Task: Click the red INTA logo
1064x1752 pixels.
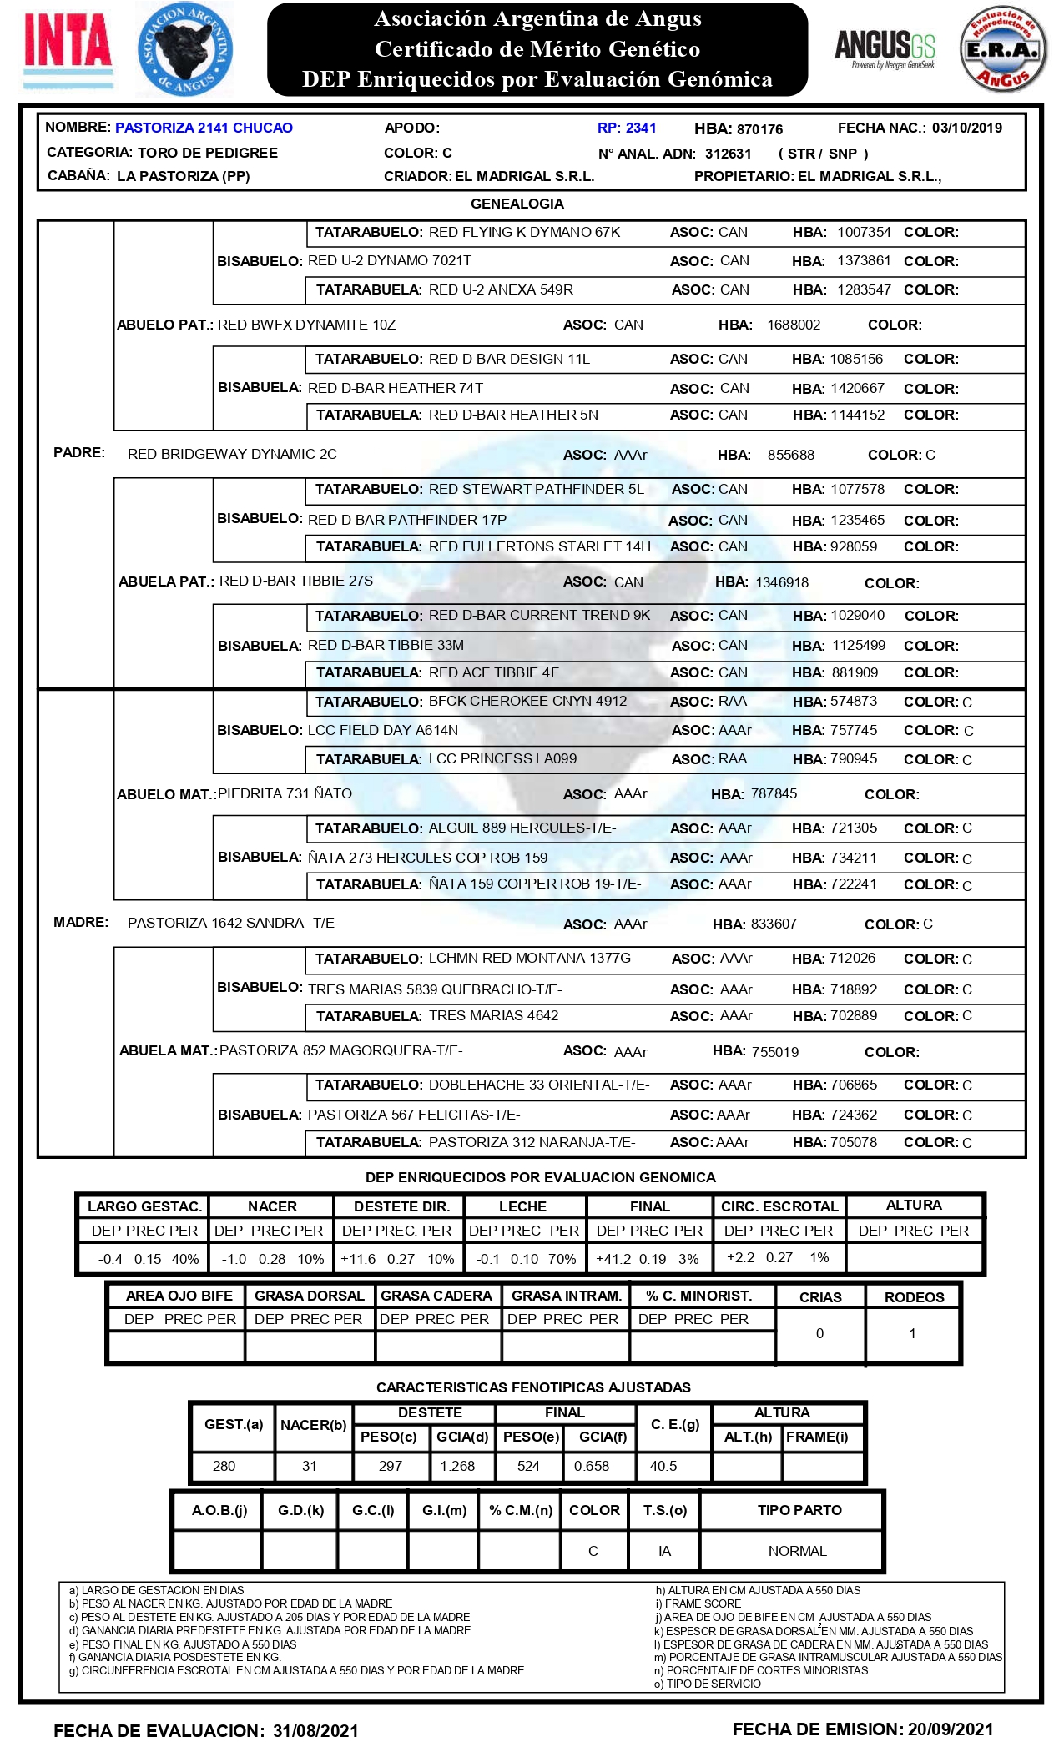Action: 68,42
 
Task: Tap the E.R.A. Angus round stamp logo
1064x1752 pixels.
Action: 1002,49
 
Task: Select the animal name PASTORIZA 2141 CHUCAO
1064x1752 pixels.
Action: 204,128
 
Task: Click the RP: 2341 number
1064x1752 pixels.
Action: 627,128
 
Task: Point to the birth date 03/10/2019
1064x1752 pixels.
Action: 966,128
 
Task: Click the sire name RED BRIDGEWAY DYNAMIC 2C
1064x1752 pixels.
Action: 232,454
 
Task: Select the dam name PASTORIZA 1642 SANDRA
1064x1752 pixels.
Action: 233,923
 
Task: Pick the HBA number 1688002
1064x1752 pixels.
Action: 794,325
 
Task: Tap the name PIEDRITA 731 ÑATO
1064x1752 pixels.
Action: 285,793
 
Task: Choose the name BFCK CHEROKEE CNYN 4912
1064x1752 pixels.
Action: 527,701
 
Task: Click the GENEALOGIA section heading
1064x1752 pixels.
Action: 517,204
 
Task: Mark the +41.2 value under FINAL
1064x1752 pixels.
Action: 613,1259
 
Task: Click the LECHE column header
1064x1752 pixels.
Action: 522,1206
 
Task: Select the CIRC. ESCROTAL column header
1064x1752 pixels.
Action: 779,1206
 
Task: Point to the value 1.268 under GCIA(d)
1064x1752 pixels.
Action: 457,1466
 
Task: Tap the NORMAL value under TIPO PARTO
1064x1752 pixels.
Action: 797,1551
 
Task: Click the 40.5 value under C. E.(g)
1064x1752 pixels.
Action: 663,1466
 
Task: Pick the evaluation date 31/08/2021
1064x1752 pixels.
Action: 315,1731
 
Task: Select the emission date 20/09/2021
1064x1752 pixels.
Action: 951,1729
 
